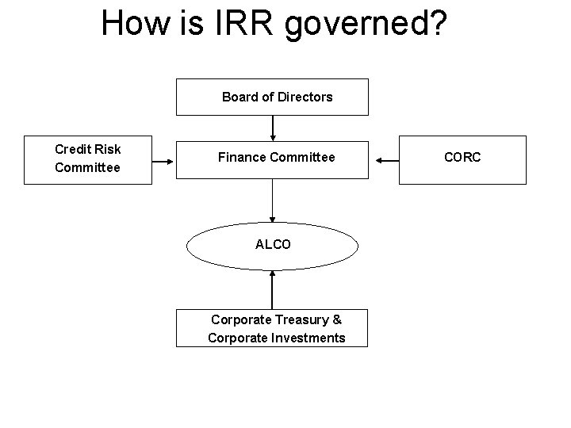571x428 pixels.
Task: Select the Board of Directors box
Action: click(x=272, y=97)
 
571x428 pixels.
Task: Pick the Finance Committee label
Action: click(x=276, y=158)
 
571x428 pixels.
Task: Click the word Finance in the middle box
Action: click(x=242, y=158)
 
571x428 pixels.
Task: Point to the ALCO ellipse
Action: click(x=272, y=245)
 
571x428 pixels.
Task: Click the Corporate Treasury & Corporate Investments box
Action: click(x=272, y=328)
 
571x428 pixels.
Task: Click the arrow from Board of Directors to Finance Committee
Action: click(x=273, y=127)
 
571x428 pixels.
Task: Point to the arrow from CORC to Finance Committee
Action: click(x=386, y=161)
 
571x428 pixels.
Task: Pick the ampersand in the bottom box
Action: click(x=337, y=319)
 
